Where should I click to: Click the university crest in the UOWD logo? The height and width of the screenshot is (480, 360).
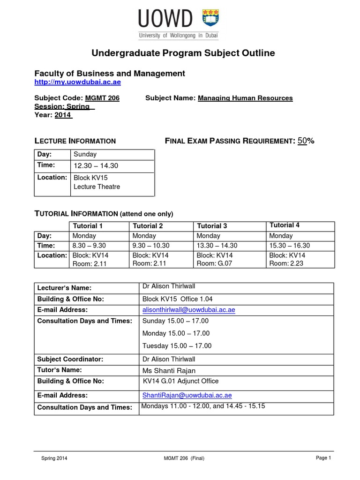tap(210, 19)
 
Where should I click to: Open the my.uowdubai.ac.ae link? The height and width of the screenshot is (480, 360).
tap(78, 82)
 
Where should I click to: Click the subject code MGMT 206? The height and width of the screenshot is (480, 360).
tap(102, 98)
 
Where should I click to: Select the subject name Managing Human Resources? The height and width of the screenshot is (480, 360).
tap(245, 98)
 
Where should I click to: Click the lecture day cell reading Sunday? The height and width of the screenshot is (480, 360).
tap(85, 154)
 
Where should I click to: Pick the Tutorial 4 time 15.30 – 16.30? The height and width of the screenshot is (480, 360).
tap(290, 246)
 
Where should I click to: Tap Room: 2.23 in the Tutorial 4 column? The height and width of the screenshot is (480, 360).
tap(286, 264)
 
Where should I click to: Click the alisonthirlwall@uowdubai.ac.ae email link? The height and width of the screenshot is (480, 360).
tap(188, 310)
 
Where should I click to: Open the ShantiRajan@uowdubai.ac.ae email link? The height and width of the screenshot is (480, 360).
tap(187, 395)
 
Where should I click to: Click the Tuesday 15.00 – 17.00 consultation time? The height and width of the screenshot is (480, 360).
tap(177, 346)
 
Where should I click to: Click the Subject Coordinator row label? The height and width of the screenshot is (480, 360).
tap(70, 359)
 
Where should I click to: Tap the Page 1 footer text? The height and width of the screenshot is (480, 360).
tap(323, 458)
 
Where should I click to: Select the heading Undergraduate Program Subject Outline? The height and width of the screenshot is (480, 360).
tap(183, 53)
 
